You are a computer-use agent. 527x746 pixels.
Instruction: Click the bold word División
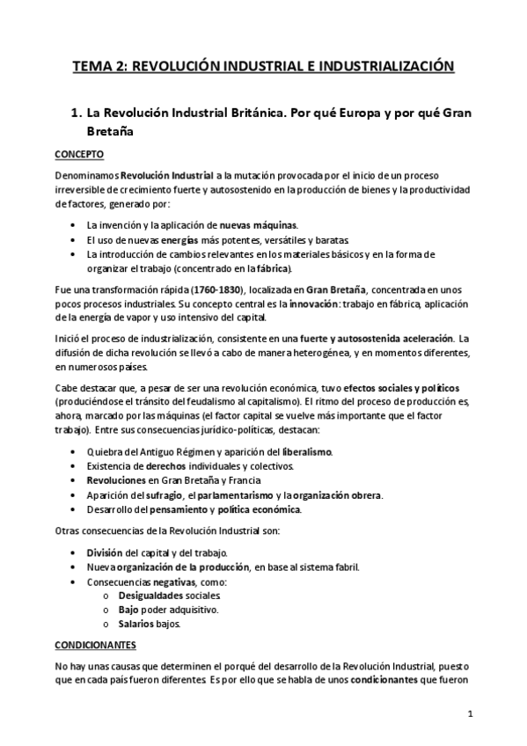tap(105, 552)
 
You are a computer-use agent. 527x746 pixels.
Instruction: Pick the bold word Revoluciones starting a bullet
tap(119, 480)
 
